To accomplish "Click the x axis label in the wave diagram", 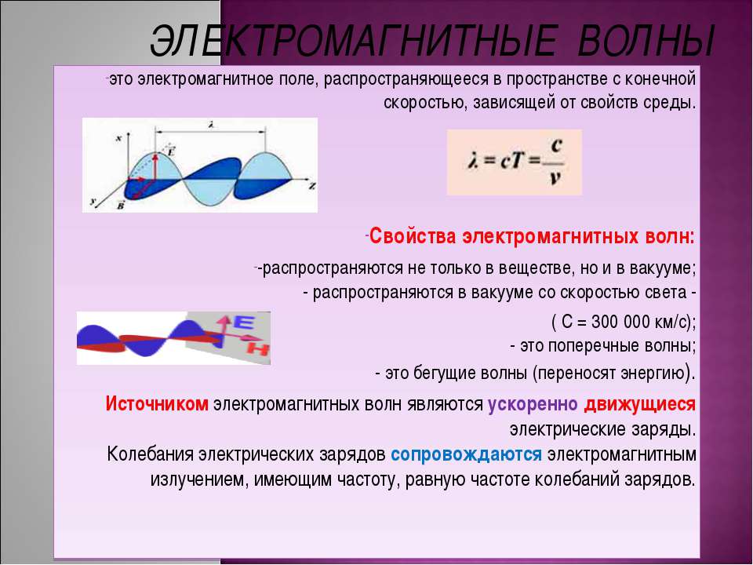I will [118, 137].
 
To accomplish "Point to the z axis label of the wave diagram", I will [311, 186].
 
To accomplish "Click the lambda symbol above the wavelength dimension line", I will [211, 124].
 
